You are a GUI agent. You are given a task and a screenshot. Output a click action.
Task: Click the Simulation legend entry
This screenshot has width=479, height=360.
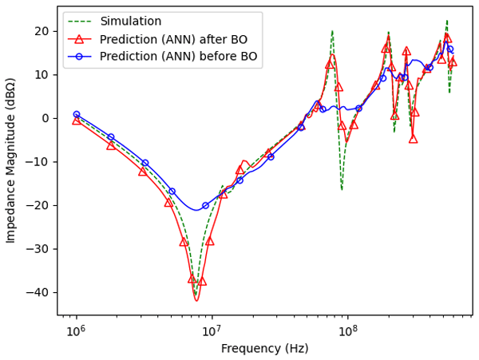pos(130,22)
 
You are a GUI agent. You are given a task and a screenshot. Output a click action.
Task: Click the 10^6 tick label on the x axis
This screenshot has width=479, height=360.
pos(76,331)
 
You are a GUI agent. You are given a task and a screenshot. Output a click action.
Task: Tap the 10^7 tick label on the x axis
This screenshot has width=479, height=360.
pos(211,331)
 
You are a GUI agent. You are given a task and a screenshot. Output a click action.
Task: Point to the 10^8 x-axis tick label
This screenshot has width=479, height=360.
pos(346,331)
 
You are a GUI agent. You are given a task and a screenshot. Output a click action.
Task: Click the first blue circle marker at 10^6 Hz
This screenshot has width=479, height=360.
pos(76,115)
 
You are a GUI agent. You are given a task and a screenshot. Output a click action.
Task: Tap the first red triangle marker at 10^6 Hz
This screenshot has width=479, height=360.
pos(76,121)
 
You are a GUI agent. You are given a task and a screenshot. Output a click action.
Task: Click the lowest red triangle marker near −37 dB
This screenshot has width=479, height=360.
pos(202,281)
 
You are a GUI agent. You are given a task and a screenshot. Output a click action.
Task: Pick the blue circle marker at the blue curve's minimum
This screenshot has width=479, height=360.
pos(205,206)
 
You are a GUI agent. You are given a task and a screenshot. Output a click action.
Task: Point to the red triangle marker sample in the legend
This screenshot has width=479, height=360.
pos(79,39)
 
